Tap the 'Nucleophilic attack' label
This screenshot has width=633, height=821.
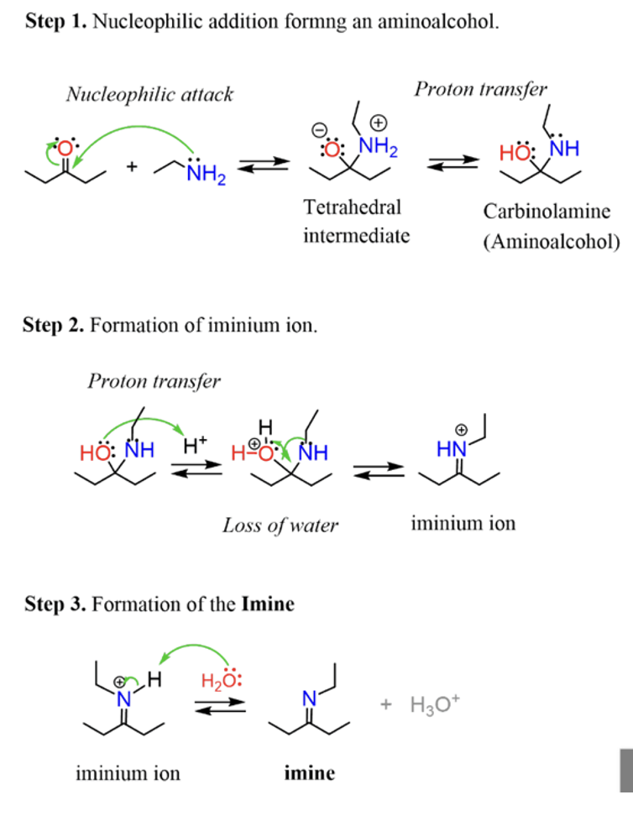point(149,95)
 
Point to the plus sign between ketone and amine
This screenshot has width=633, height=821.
point(132,166)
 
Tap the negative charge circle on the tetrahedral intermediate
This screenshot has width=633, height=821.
point(317,130)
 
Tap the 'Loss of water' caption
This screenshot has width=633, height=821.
point(280,526)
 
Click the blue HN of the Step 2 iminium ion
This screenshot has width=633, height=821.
point(451,450)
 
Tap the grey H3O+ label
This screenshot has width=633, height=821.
point(434,704)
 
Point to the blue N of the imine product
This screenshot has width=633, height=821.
point(308,697)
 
